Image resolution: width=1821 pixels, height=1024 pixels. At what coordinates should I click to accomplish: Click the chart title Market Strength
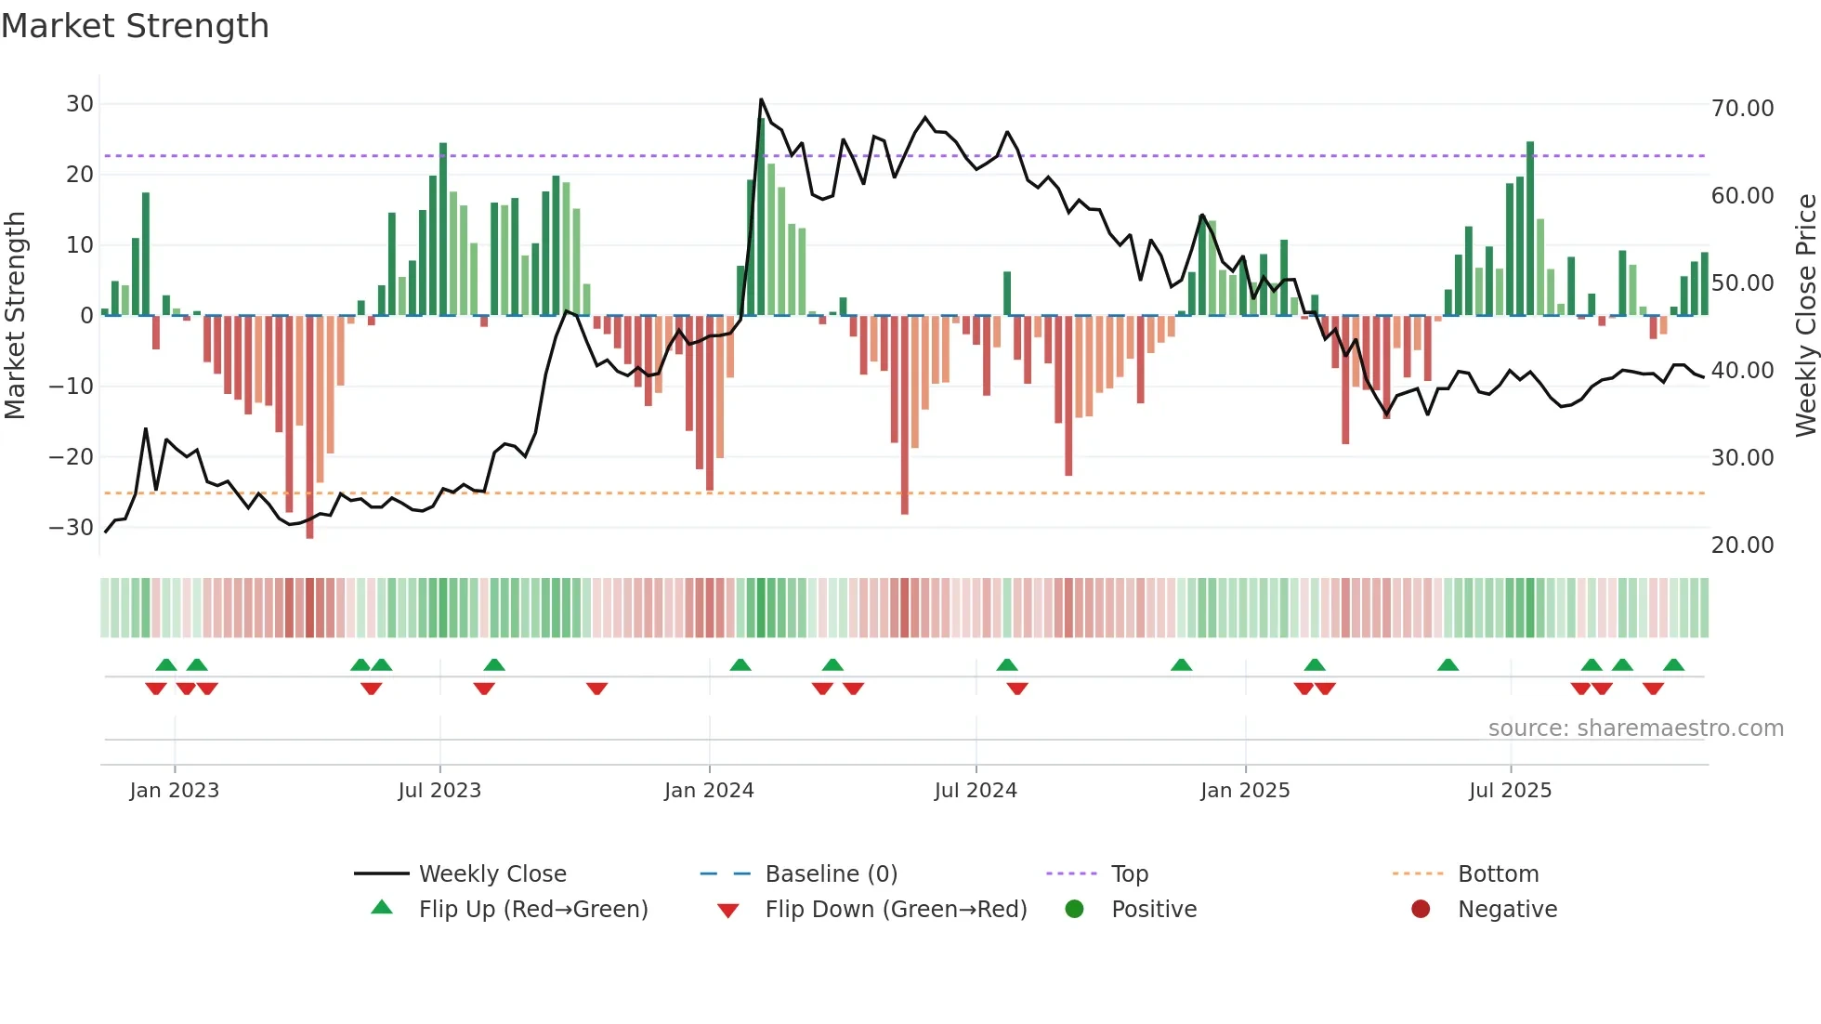coord(135,26)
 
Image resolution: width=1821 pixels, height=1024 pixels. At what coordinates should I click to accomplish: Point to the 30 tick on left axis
coord(80,104)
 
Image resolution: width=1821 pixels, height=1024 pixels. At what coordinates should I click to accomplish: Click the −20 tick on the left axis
coord(72,457)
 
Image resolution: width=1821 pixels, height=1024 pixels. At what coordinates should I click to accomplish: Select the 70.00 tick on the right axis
coord(1742,109)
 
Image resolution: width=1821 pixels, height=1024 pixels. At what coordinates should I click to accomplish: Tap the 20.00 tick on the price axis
coord(1742,545)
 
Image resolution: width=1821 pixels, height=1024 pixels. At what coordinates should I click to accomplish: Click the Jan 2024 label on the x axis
coord(709,791)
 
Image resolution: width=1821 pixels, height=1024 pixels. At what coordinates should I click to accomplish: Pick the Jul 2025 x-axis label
coord(1510,791)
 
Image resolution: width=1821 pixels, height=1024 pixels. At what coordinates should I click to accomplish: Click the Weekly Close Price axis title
coord(1805,316)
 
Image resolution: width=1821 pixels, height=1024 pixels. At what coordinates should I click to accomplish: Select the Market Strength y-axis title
coord(16,316)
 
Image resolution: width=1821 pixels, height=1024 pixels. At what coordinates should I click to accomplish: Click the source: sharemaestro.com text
coord(1635,729)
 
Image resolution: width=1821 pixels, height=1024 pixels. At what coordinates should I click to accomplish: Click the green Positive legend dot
coord(1075,910)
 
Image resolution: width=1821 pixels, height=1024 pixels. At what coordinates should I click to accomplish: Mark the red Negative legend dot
coord(1421,910)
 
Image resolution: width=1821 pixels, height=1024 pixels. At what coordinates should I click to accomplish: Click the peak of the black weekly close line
coord(761,99)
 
